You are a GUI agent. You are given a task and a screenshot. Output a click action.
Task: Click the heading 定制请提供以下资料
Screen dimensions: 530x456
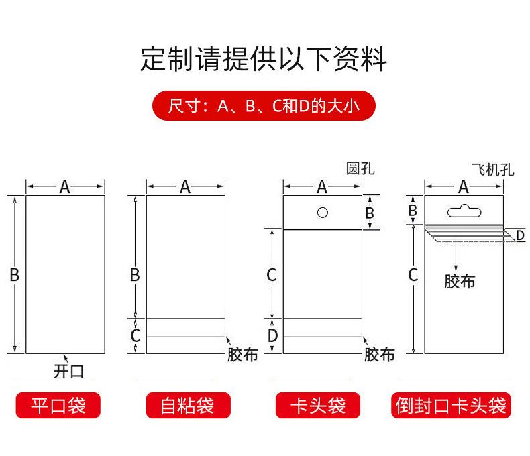[263, 59]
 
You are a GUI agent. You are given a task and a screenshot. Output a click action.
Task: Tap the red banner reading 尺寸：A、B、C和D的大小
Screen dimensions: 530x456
[264, 106]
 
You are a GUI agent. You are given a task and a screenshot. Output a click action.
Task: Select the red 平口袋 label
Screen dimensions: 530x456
[58, 405]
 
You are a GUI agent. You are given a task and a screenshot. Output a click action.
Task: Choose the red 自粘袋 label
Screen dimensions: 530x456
[188, 405]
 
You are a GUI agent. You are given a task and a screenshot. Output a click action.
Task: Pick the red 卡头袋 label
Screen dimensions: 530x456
[318, 405]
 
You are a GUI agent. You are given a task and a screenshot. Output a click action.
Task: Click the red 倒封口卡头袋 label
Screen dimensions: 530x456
[451, 405]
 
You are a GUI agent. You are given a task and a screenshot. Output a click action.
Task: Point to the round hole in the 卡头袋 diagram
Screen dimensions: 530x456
[323, 213]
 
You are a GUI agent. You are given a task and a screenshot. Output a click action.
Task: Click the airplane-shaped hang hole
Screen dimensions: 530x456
[464, 211]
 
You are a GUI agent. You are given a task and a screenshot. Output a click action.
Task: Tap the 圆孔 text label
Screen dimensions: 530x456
[360, 168]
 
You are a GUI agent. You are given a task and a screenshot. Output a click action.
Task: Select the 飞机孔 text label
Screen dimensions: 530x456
[493, 170]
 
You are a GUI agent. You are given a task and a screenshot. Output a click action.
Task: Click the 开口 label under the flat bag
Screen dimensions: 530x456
[68, 372]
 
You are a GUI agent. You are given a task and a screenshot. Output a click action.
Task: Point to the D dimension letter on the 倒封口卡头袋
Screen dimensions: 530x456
[521, 235]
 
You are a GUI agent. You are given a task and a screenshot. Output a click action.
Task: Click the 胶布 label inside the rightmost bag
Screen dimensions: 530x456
[460, 282]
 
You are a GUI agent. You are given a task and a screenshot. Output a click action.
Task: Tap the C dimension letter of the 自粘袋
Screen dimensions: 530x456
[136, 336]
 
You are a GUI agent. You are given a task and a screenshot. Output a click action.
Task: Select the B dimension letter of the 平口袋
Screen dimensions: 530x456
[15, 275]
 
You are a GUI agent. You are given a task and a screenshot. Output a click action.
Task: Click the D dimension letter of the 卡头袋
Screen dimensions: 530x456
[272, 336]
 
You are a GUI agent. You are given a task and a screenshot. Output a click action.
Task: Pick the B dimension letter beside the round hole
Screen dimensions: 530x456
[370, 213]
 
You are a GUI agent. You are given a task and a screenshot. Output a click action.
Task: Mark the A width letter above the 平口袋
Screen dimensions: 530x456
[64, 187]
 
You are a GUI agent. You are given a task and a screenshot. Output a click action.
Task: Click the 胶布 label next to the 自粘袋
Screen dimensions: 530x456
[243, 355]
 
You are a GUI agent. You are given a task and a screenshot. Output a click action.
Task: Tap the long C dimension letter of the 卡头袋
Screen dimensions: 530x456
[272, 275]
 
